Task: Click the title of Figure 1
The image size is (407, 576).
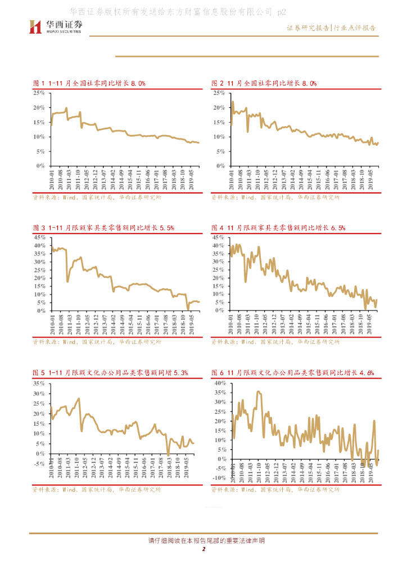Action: tap(89, 83)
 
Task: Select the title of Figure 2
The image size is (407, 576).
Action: tap(264, 83)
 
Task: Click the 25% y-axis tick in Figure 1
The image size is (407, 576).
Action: tap(39, 92)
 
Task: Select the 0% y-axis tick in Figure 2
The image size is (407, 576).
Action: tap(220, 166)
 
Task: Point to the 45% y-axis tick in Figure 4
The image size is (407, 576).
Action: tap(219, 238)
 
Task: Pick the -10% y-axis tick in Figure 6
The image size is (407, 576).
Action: tap(218, 478)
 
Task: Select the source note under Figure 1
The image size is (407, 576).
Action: tap(97, 197)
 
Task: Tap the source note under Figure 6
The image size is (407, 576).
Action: tap(275, 490)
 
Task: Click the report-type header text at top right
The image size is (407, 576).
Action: tap(332, 28)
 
